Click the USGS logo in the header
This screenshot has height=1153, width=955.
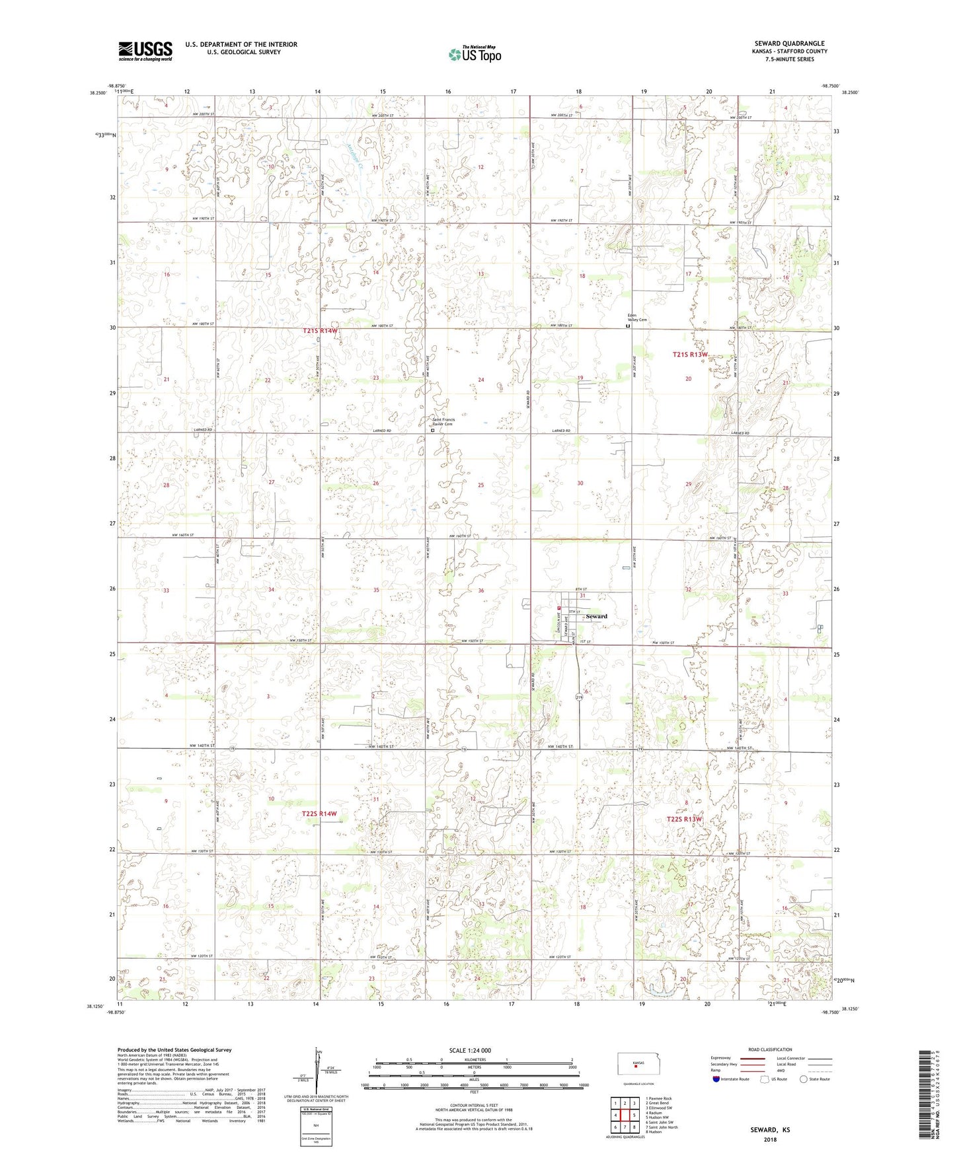coord(145,51)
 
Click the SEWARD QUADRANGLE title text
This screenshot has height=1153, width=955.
coord(789,44)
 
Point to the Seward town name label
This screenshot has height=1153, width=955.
coord(596,616)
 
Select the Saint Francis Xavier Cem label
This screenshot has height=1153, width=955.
coord(443,421)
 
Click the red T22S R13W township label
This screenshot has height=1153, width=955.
coord(683,819)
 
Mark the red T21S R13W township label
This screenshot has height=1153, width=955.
coord(689,355)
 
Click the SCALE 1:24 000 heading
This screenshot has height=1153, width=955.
coord(469,1050)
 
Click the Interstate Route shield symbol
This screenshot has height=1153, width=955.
coord(716,1079)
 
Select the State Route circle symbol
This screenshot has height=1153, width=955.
coord(804,1079)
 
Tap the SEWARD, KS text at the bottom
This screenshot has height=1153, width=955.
coord(770,1130)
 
